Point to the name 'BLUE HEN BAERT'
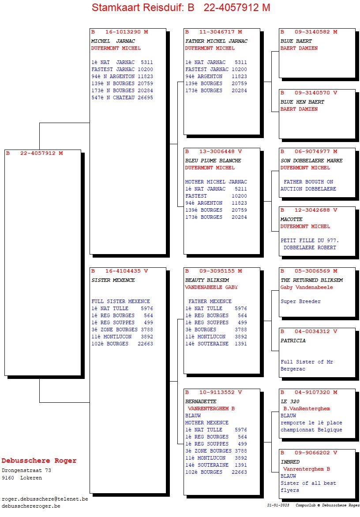click(302, 102)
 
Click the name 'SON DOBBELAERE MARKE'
click(311, 161)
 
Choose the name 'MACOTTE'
click(292, 219)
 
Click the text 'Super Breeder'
click(300, 302)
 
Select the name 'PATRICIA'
click(293, 341)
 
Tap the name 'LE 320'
click(290, 402)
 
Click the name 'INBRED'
click(290, 462)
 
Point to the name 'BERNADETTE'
click(201, 402)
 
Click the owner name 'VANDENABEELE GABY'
click(211, 287)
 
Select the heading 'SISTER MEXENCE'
click(113, 280)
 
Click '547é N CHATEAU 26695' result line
click(122, 97)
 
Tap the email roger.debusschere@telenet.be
click(45, 499)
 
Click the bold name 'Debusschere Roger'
click(39, 461)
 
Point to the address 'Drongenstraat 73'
click(26, 471)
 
